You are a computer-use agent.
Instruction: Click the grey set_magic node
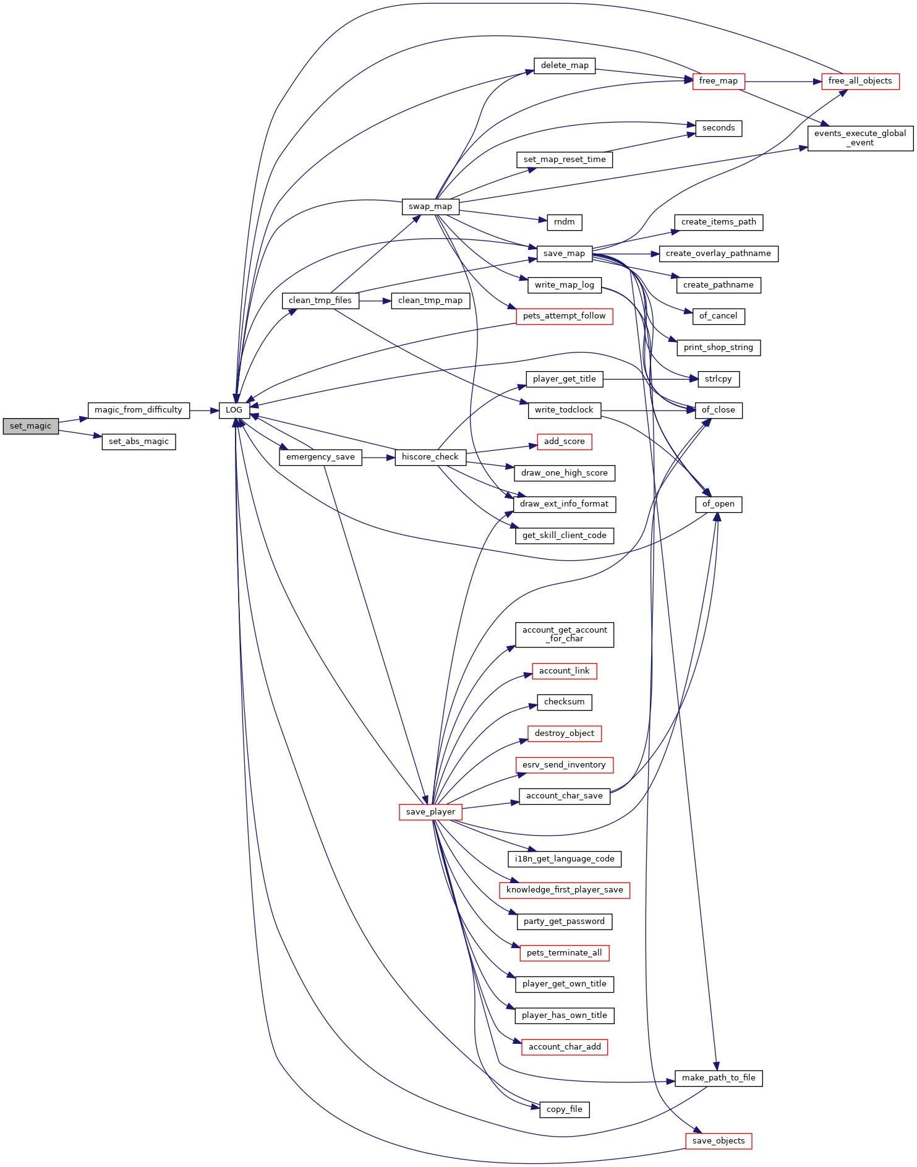coord(31,426)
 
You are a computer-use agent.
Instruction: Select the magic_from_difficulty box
coord(139,410)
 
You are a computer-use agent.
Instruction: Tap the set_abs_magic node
coord(139,442)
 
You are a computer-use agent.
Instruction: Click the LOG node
coord(234,410)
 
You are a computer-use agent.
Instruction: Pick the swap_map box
coord(430,207)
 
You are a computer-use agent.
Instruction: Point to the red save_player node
coord(430,812)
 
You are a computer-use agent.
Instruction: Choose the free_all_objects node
coord(860,81)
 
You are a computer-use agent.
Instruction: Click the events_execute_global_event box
coord(860,138)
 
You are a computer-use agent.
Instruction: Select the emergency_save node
coord(320,457)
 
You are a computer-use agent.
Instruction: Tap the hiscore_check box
coord(430,457)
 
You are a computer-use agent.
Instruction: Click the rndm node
coord(565,222)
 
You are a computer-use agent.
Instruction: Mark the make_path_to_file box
coord(719,1078)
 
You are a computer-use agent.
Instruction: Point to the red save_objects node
coord(719,1141)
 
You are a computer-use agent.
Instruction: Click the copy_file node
coord(565,1109)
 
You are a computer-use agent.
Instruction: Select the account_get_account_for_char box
coord(565,635)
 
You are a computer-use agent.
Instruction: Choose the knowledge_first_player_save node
coord(565,890)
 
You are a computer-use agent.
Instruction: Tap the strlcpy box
coord(719,379)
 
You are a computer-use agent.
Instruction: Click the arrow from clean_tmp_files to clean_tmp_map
coord(375,301)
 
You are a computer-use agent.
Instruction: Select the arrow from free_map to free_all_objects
coord(783,81)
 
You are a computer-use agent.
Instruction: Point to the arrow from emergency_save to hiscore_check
coord(378,457)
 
